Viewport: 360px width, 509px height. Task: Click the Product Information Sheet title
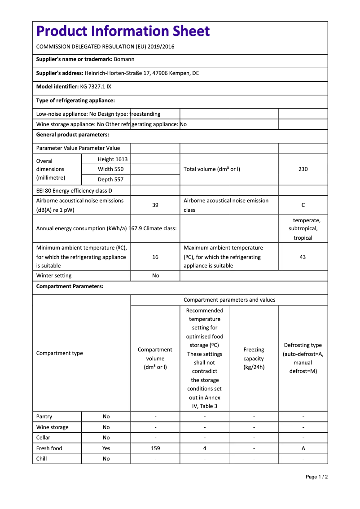click(123, 31)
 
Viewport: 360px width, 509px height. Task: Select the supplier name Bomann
click(124, 59)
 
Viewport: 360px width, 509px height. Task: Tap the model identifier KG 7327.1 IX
click(96, 86)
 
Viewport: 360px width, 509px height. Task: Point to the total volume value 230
click(303, 169)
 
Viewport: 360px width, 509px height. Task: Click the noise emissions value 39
click(155, 205)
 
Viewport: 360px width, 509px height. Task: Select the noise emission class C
click(303, 205)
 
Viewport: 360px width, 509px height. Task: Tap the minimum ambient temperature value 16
click(155, 257)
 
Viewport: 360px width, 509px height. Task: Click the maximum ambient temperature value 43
click(303, 257)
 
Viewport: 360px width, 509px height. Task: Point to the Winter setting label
click(54, 276)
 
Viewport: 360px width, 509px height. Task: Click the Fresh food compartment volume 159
click(155, 448)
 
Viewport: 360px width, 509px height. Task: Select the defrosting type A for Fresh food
click(303, 448)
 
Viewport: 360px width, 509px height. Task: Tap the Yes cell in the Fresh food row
click(106, 448)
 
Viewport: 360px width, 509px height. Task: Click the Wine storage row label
click(53, 427)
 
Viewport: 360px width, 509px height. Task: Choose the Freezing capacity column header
click(254, 358)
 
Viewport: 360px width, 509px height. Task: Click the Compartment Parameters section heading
click(70, 286)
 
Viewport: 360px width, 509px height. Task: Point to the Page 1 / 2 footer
click(316, 477)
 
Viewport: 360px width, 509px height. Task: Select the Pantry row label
click(44, 417)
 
